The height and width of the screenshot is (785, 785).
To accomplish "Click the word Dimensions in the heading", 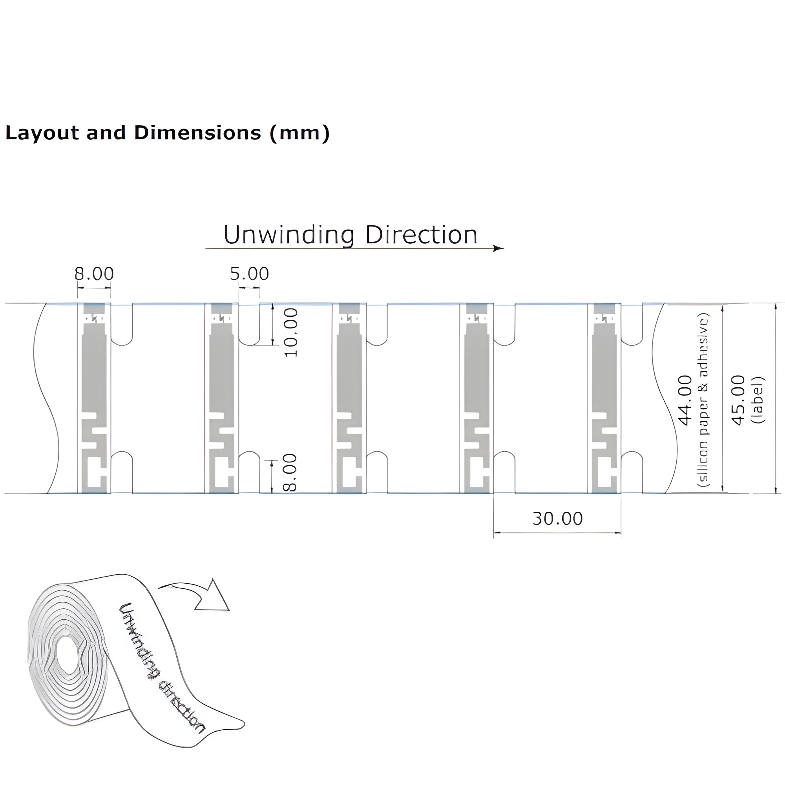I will coord(197,133).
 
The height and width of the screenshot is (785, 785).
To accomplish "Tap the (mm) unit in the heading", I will coord(299,133).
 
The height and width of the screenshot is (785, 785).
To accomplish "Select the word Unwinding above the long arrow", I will coord(289,235).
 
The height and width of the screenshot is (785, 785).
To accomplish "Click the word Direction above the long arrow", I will coord(421,235).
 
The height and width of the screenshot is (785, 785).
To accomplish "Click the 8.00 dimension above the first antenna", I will coord(94,274).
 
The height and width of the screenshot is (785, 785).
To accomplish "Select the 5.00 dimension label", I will coord(249,274).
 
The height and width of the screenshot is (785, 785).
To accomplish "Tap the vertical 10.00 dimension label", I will coord(291,332).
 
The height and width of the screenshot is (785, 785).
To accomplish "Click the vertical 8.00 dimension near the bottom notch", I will coord(290,473).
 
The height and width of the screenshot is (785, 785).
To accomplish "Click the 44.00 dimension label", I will coord(685,400).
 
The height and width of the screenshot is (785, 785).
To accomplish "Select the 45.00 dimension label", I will coord(738,400).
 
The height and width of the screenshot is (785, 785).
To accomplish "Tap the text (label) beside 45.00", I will coord(758,400).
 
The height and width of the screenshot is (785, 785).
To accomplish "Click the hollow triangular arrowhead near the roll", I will coord(213,598).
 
